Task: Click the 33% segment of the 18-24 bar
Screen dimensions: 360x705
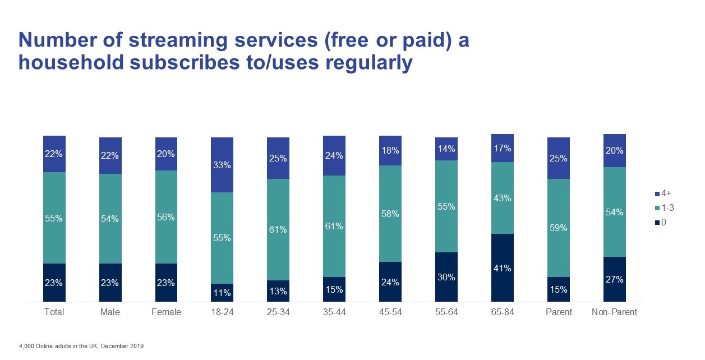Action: coord(222,165)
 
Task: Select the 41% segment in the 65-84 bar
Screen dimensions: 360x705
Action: coord(503,267)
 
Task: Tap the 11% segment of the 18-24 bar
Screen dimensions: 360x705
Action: coord(222,292)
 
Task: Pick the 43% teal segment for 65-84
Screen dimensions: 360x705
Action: coord(503,197)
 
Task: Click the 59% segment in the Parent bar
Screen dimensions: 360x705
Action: coord(559,228)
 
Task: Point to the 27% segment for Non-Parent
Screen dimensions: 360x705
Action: coord(615,279)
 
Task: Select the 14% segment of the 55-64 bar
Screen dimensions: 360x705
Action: coord(446,149)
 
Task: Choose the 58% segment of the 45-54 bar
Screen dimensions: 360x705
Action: coord(390,213)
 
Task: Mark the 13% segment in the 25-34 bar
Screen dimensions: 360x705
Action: coord(278,290)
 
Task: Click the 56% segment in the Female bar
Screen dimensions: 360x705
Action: coord(166,216)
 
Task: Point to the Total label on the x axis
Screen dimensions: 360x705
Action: coord(54,312)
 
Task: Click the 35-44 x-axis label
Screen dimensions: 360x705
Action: coord(334,312)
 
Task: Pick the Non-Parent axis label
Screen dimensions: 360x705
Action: coord(615,312)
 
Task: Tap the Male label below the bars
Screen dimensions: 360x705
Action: coord(110,312)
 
